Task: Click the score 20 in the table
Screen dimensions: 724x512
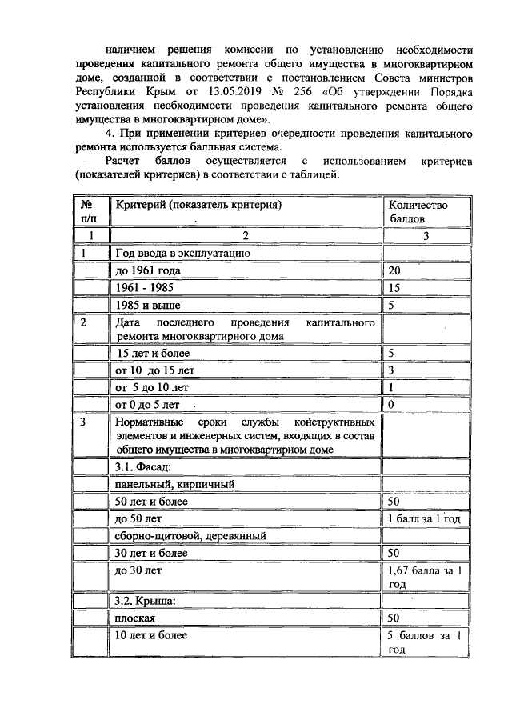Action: [x=394, y=271]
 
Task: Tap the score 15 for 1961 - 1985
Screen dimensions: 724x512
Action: [x=394, y=288]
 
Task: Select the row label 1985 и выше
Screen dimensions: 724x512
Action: [x=148, y=306]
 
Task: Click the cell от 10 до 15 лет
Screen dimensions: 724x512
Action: [x=155, y=370]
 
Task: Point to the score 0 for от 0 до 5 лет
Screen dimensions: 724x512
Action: [x=391, y=405]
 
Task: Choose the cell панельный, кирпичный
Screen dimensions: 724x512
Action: [x=175, y=484]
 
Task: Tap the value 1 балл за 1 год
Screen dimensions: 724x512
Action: [x=424, y=518]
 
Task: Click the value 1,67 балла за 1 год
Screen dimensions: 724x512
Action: [x=424, y=578]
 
